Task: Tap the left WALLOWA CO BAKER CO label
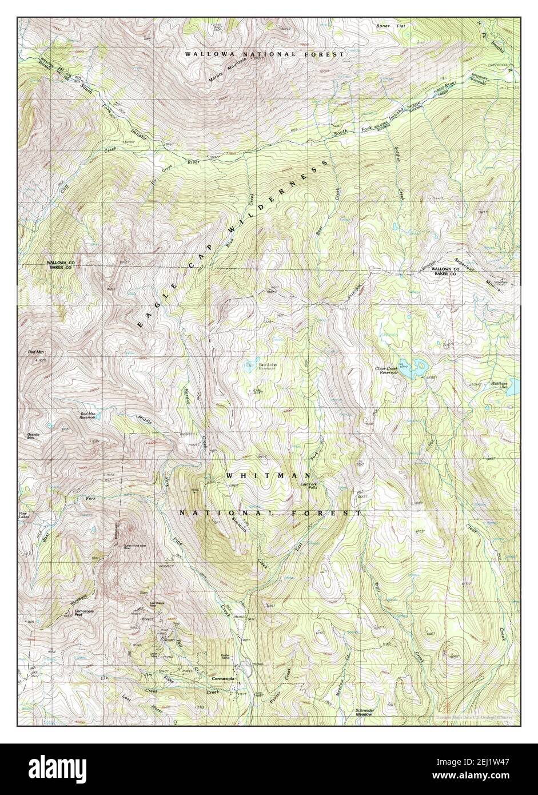59,265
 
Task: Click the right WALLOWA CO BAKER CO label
446,271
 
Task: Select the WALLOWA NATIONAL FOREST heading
264,54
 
